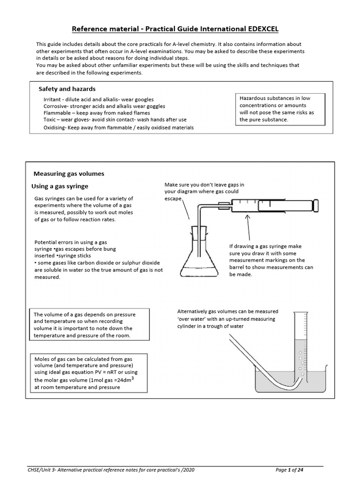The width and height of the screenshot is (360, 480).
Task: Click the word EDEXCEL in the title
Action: [x=260, y=29]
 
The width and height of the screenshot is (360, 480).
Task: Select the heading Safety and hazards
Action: [x=67, y=89]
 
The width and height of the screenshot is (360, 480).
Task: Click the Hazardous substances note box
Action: [x=280, y=109]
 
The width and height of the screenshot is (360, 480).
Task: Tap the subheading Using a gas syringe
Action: [x=60, y=186]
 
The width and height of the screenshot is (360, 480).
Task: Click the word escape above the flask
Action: [x=172, y=199]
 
